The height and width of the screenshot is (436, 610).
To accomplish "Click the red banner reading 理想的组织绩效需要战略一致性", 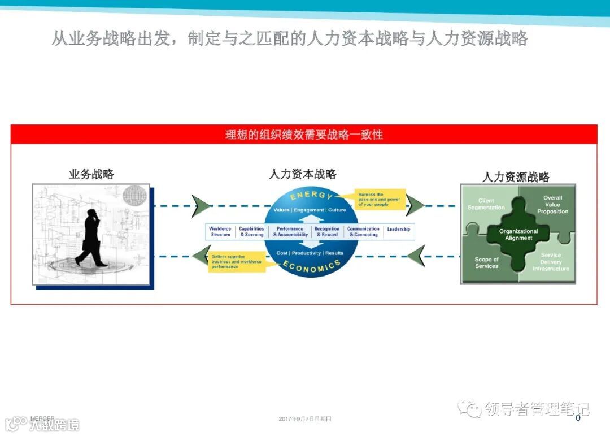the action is (304, 135).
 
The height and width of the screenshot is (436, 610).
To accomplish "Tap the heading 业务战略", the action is (91, 174).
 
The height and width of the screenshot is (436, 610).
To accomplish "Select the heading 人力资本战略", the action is (303, 174).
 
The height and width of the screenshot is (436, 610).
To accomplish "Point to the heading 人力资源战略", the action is (516, 177).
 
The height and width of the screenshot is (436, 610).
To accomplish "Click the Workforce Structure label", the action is (220, 232).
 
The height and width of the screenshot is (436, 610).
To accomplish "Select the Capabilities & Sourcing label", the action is (251, 232).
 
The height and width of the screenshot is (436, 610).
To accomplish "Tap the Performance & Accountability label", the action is (290, 232).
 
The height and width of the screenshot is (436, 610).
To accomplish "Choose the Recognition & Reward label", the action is (327, 232).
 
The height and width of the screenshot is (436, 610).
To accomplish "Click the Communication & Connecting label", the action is (363, 232).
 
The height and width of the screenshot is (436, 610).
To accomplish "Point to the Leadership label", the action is (399, 230).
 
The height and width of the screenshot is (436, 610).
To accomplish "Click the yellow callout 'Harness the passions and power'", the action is (380, 200).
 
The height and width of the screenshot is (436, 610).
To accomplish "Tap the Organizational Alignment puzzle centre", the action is (518, 235).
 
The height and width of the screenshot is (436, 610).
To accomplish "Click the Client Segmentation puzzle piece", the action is (486, 204).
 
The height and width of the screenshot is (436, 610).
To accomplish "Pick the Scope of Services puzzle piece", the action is (486, 263).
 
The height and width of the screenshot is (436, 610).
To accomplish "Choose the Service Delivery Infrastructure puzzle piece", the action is (551, 262).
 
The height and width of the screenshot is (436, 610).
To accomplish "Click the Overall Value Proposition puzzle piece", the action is (552, 205).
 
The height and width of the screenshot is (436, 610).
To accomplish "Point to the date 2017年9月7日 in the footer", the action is (305, 419).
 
